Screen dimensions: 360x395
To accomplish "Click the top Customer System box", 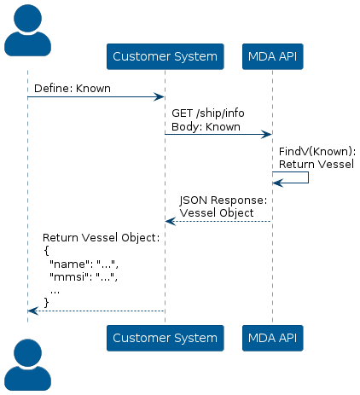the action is [x=165, y=56].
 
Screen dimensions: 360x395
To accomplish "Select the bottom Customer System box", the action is [x=165, y=338].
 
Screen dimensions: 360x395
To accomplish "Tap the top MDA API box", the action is [x=272, y=56].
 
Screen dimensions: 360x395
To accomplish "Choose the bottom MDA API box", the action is [x=272, y=338].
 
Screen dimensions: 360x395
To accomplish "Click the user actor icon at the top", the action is [x=27, y=30].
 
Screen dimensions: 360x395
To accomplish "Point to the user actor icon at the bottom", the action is [x=27, y=364].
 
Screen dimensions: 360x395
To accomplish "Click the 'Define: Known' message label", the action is [x=73, y=89].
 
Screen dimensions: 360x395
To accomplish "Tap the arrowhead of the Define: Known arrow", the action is [x=159, y=97].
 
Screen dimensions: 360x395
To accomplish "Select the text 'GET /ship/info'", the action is [x=208, y=113].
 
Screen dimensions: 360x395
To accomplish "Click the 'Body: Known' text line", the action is [x=206, y=126].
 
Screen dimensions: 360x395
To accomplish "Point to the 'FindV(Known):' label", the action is [x=317, y=152].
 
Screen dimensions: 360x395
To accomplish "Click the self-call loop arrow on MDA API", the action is [x=308, y=177].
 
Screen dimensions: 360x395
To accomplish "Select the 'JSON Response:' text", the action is [x=224, y=200].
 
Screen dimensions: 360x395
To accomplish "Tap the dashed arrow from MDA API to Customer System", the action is [x=218, y=221].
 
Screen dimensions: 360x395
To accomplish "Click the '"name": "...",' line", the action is [x=84, y=264].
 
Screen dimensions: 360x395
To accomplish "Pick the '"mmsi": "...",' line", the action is [x=84, y=276].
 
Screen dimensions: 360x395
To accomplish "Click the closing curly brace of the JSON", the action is [x=47, y=302].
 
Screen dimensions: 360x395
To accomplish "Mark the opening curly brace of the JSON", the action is [x=47, y=251].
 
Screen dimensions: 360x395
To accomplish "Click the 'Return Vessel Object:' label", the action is [x=102, y=238].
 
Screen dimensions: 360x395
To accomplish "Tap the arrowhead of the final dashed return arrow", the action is [x=33, y=311].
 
